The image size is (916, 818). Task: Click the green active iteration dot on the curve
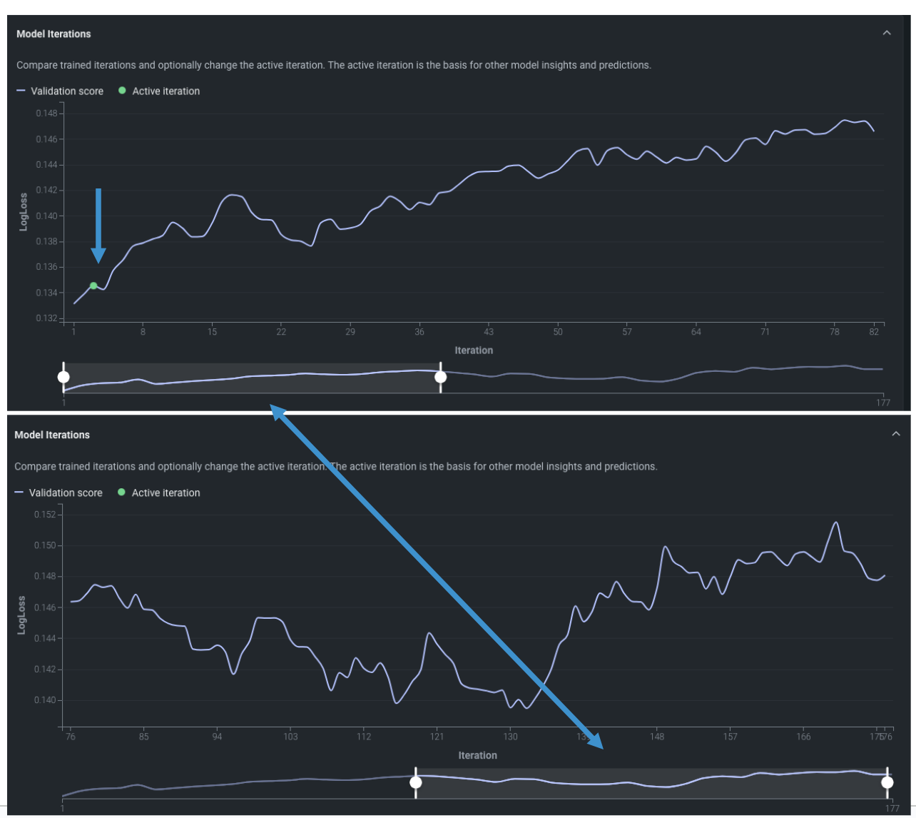93,286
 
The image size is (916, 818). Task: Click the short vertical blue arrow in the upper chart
98,225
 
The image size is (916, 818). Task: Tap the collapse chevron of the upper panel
887,33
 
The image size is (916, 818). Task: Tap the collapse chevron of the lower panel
896,434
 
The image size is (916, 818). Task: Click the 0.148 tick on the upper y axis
49,113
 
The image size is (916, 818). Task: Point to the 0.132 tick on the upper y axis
49,318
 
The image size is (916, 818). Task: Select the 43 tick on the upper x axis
489,332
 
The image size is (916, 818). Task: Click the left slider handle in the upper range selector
63,377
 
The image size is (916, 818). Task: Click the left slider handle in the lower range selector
415,782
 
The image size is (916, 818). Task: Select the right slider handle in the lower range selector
887,782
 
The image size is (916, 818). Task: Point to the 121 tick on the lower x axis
437,737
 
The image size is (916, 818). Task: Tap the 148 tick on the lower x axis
657,737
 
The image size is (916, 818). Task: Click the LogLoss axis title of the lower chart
21,615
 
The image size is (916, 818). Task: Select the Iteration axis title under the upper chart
474,350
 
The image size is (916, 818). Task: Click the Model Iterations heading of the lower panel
52,435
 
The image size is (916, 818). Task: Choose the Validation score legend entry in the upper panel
66,91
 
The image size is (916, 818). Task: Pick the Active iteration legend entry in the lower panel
166,493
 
